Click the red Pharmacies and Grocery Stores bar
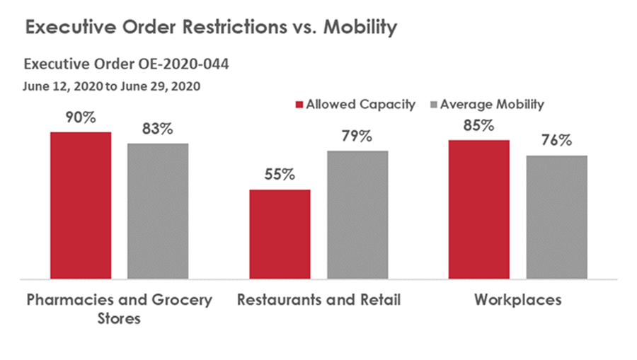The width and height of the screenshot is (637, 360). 81,205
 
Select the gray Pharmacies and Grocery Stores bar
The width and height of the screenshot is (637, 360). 158,211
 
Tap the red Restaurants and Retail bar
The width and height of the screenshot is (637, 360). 280,234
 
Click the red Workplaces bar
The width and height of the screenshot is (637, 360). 479,209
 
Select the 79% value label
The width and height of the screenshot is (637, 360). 357,137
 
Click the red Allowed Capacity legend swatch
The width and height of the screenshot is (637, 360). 299,105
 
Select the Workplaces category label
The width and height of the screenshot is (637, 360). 518,300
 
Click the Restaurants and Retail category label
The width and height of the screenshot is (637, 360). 318,300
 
